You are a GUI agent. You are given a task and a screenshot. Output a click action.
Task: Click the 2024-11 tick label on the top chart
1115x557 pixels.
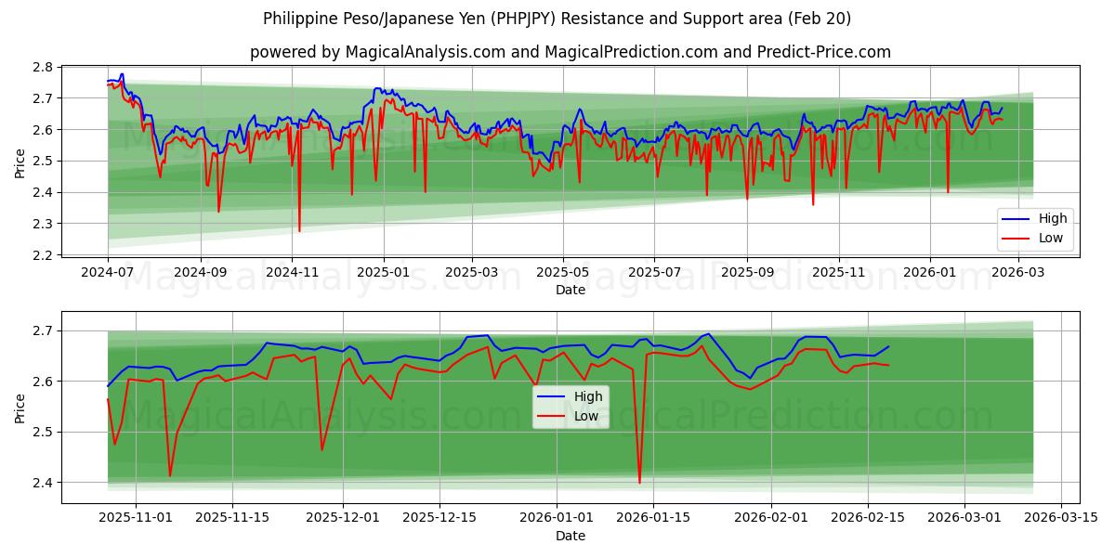(x=292, y=272)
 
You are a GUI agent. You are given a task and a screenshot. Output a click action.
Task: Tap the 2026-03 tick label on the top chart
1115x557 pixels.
(x=1020, y=272)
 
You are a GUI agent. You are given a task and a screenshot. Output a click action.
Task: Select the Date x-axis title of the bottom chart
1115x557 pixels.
(x=571, y=536)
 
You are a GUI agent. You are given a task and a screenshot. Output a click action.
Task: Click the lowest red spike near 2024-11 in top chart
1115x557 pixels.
(x=299, y=231)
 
